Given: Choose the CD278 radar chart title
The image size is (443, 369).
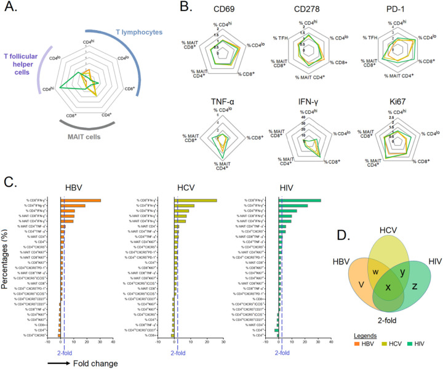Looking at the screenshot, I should click(x=319, y=9).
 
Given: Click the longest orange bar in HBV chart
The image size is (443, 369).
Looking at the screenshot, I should click(x=80, y=200).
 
